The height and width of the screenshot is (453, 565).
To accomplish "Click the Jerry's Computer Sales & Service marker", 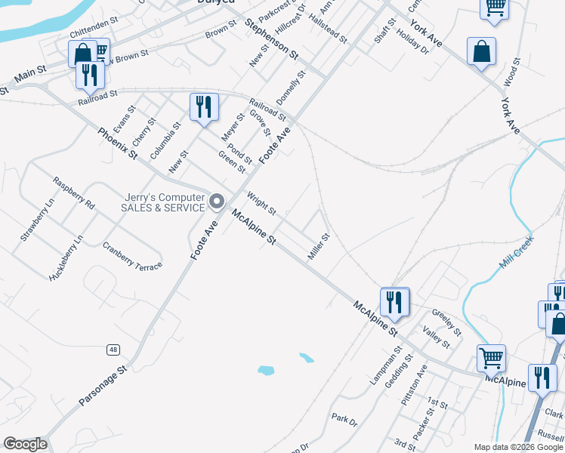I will (218, 201).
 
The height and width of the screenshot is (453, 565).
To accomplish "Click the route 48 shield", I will (113, 350).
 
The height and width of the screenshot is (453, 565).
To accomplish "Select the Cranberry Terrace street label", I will (132, 257).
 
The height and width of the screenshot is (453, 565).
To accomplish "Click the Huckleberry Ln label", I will (66, 258).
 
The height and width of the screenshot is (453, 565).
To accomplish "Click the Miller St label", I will (319, 247).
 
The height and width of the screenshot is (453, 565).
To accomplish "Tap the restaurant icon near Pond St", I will (203, 106).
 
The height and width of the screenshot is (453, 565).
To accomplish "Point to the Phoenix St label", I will (117, 143).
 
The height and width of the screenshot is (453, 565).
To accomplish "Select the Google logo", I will (25, 444).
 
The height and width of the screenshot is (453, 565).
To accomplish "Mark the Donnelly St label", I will (290, 88).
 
